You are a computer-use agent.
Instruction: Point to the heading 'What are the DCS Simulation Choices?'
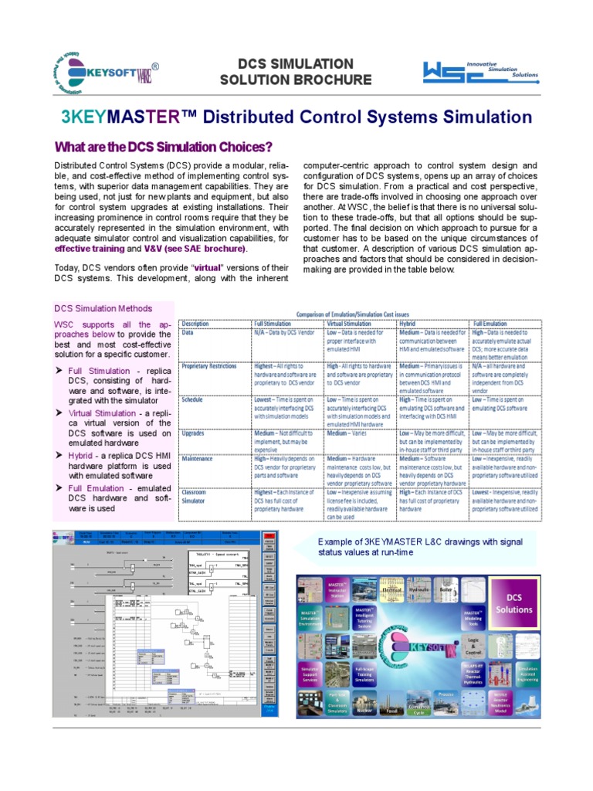[163, 147]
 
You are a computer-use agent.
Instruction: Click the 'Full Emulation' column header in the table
[490, 323]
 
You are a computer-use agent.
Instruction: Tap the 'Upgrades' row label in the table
[194, 433]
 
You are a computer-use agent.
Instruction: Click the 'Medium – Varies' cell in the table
[350, 433]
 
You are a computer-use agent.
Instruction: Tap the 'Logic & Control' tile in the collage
[474, 646]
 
